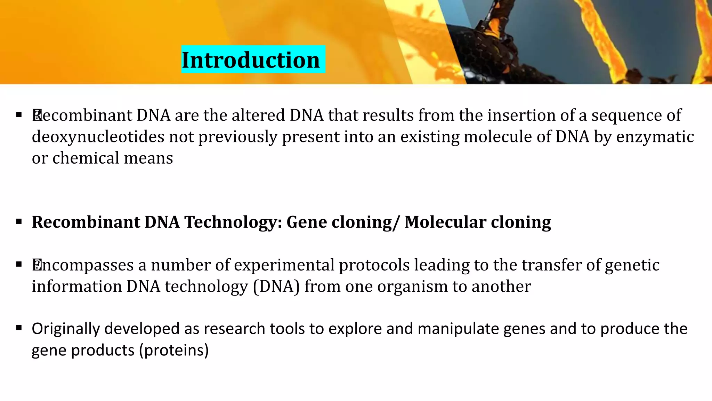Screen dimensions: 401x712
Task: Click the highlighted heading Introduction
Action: pyautogui.click(x=251, y=60)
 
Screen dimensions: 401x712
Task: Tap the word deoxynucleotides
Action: pyautogui.click(x=98, y=137)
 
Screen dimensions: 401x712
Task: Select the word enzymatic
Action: pyautogui.click(x=655, y=137)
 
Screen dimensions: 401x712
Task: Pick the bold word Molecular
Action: pyautogui.click(x=445, y=222)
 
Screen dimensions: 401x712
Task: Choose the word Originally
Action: pyautogui.click(x=66, y=329)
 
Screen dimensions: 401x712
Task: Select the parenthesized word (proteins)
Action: pyautogui.click(x=174, y=350)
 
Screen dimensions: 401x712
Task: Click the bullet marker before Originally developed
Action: pyautogui.click(x=19, y=328)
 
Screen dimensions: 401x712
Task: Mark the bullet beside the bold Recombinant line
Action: pyautogui.click(x=19, y=221)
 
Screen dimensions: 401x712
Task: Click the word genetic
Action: pyautogui.click(x=632, y=265)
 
